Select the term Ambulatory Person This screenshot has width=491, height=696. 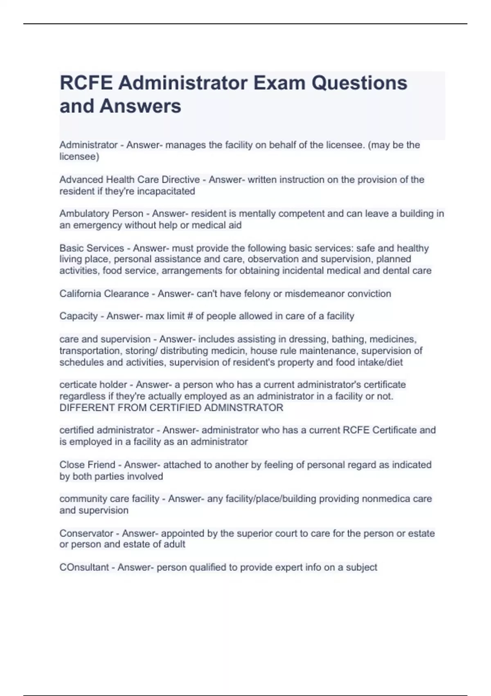[101, 214]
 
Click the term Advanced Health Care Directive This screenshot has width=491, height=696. [129, 180]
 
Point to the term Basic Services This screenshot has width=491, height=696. [92, 248]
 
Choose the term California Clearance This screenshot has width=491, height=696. [104, 294]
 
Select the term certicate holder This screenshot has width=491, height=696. [93, 385]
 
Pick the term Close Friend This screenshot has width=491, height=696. [87, 465]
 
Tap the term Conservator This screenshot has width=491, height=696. [86, 533]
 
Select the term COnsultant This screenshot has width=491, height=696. [84, 567]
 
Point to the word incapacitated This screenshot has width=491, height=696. [166, 191]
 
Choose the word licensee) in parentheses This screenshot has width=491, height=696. [79, 156]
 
